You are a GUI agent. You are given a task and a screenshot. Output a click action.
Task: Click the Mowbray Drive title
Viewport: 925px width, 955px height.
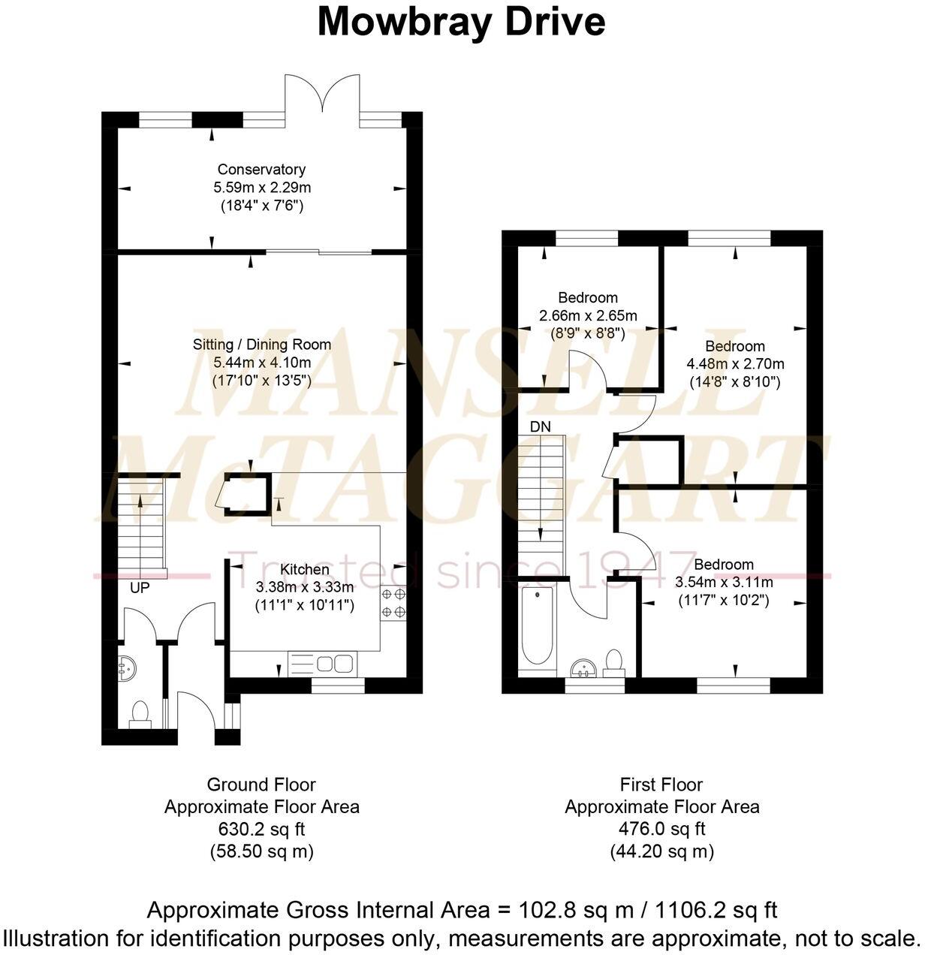pos(461,22)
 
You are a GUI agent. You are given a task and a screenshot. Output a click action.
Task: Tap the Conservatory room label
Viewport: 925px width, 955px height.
pos(261,170)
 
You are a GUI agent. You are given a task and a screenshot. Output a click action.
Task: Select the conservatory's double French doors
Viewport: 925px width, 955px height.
pos(322,94)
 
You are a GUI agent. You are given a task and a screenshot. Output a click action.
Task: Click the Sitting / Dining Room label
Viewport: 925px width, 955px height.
pos(261,345)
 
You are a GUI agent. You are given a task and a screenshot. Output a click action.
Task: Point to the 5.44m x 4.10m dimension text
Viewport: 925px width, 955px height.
pos(261,363)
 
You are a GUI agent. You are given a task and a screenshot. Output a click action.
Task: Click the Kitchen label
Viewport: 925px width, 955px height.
pos(304,570)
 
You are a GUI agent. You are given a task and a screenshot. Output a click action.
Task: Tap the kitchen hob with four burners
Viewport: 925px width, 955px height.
pos(395,603)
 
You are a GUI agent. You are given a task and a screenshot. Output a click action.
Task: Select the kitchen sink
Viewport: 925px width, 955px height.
pos(335,663)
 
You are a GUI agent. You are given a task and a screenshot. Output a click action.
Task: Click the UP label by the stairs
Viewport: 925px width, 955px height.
pos(140,588)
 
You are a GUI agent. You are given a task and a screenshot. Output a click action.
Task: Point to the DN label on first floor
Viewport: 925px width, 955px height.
pos(540,426)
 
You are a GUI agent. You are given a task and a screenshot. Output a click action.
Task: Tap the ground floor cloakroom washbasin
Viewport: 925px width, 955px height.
pos(125,667)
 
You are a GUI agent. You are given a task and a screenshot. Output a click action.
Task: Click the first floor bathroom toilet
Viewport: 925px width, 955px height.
pos(614,662)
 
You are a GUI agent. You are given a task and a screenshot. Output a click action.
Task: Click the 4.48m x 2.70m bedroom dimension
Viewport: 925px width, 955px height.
pos(735,364)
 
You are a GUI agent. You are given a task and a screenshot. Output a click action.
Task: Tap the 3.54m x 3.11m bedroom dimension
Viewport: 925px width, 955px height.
pos(724,582)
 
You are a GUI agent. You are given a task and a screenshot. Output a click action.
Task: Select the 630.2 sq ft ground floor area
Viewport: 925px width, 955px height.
pos(261,829)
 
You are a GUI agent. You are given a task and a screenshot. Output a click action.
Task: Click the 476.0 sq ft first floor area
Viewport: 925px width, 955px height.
pos(661,829)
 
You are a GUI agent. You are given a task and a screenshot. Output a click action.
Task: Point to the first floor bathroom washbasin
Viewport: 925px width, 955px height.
pos(583,668)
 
